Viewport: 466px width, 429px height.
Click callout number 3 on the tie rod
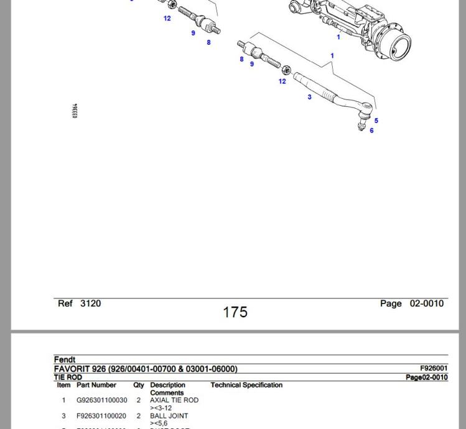[309, 97]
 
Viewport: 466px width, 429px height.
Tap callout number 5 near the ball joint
[376, 121]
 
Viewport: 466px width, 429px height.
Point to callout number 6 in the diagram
[371, 131]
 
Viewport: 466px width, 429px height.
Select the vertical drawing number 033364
[75, 111]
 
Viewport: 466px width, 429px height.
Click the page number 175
[235, 312]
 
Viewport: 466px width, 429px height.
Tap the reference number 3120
[90, 303]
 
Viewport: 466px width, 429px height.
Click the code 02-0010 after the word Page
[426, 303]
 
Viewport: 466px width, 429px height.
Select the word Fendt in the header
[65, 359]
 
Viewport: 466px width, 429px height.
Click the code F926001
[434, 369]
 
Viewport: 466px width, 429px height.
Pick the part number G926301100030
[101, 400]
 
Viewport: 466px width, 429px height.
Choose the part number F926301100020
[101, 416]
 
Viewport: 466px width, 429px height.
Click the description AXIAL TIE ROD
[174, 400]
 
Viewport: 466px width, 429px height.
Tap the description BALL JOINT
[169, 416]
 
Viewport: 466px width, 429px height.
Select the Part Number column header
[96, 385]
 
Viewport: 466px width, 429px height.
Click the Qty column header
[139, 385]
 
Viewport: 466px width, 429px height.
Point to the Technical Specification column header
[246, 385]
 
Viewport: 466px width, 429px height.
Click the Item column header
[64, 385]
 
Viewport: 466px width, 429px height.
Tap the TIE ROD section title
[68, 377]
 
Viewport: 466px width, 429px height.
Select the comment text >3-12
[161, 408]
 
